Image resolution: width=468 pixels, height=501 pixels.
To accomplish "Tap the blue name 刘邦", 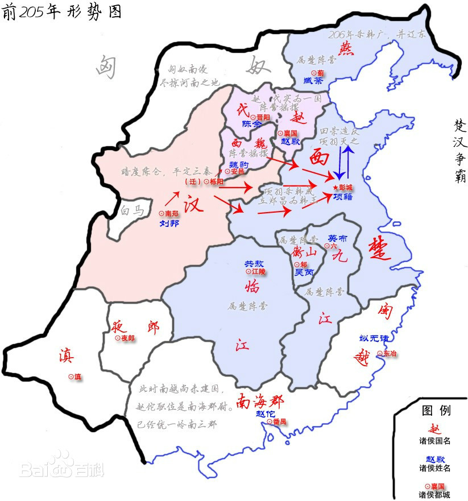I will point(169,223).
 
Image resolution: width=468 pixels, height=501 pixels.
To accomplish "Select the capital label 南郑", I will point(169,213).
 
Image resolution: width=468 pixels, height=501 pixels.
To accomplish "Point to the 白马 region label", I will point(132,210).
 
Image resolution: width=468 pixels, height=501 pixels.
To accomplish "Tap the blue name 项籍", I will point(343,197).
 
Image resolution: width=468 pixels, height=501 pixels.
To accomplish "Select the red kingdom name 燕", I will point(345,48).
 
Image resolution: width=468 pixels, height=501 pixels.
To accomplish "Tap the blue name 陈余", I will point(252,124).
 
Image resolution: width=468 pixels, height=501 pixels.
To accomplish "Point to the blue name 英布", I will point(338,238).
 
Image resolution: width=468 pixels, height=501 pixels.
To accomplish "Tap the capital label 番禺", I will point(276,421).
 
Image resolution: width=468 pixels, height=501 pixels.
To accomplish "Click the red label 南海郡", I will point(260,401).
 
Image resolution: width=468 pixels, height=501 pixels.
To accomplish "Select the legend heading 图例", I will point(436,411).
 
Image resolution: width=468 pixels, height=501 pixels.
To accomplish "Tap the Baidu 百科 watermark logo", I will point(63,465).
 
